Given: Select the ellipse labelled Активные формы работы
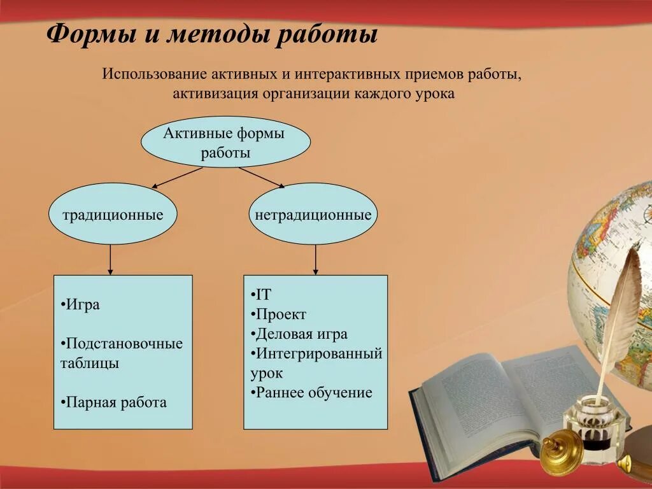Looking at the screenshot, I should pyautogui.click(x=225, y=142).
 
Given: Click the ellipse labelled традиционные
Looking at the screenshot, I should pyautogui.click(x=113, y=215).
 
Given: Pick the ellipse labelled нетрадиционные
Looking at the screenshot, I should pyautogui.click(x=313, y=215).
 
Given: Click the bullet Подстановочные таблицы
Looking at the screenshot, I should pyautogui.click(x=123, y=353).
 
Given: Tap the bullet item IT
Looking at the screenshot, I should pyautogui.click(x=262, y=295).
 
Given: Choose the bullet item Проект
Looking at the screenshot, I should pyautogui.click(x=280, y=315).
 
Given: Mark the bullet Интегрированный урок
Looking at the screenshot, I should pyautogui.click(x=317, y=363).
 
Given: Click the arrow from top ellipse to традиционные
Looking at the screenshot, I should pyautogui.click(x=177, y=178).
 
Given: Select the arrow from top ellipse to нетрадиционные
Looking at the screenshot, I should pyautogui.click(x=262, y=178).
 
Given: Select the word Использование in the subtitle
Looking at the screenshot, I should pyautogui.click(x=150, y=74).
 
